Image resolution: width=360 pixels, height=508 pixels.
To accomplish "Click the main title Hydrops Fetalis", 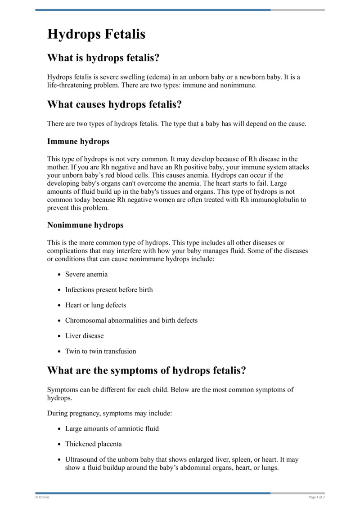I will tap(96, 34).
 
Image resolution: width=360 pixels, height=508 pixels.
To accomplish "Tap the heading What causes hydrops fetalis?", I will tap(114, 105).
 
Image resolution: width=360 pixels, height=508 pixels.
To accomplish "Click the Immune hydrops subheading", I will tap(78, 141).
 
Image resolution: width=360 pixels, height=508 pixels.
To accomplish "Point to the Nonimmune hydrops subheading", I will tap(85, 225).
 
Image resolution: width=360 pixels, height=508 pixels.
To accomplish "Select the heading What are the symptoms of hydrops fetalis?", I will tap(147, 371).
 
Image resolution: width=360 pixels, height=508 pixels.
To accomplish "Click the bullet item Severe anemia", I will tap(86, 274).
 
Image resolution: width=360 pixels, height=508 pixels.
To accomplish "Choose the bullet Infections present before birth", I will tap(109, 290).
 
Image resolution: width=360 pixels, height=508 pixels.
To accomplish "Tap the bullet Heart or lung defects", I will tap(95, 305).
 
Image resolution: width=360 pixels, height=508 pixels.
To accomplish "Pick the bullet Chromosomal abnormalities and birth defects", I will tap(131, 321).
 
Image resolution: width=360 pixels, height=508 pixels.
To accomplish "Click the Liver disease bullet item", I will tap(84, 336).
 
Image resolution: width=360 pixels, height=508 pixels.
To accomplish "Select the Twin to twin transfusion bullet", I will tap(100, 351).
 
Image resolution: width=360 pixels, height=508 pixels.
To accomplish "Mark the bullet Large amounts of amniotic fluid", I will tap(112, 428).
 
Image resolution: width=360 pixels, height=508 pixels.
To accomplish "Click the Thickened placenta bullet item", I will tap(93, 444).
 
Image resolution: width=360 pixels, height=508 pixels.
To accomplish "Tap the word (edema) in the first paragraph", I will tap(151, 77).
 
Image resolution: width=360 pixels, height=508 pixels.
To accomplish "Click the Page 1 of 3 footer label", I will tap(316, 497).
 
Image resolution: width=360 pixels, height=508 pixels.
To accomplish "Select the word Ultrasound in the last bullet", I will tap(81, 460).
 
